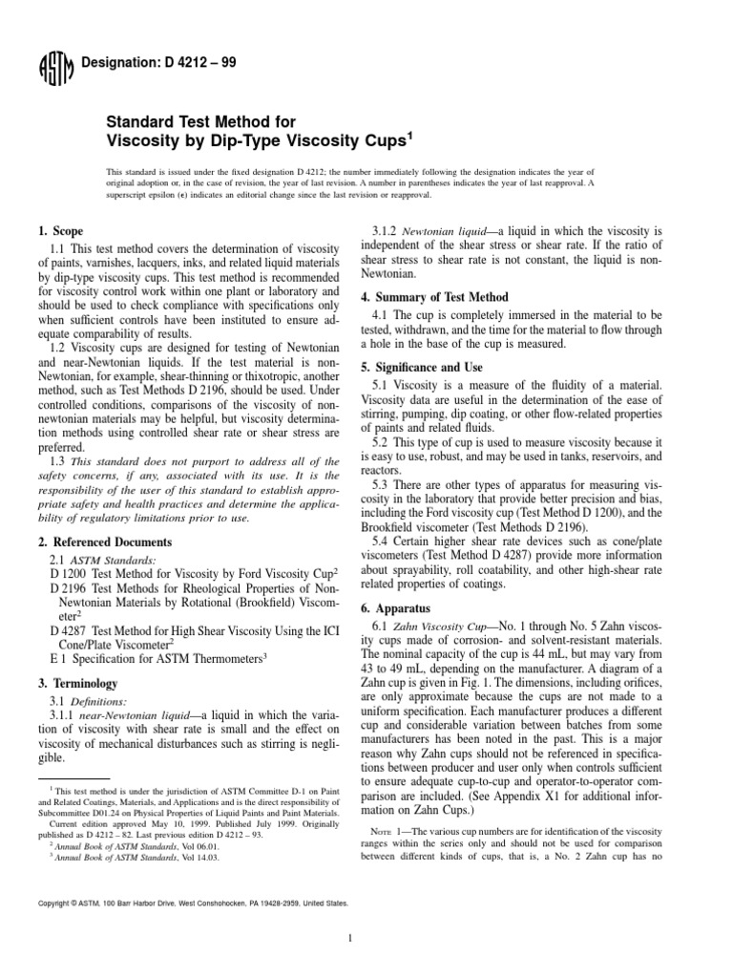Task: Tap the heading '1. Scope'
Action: pos(59,231)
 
